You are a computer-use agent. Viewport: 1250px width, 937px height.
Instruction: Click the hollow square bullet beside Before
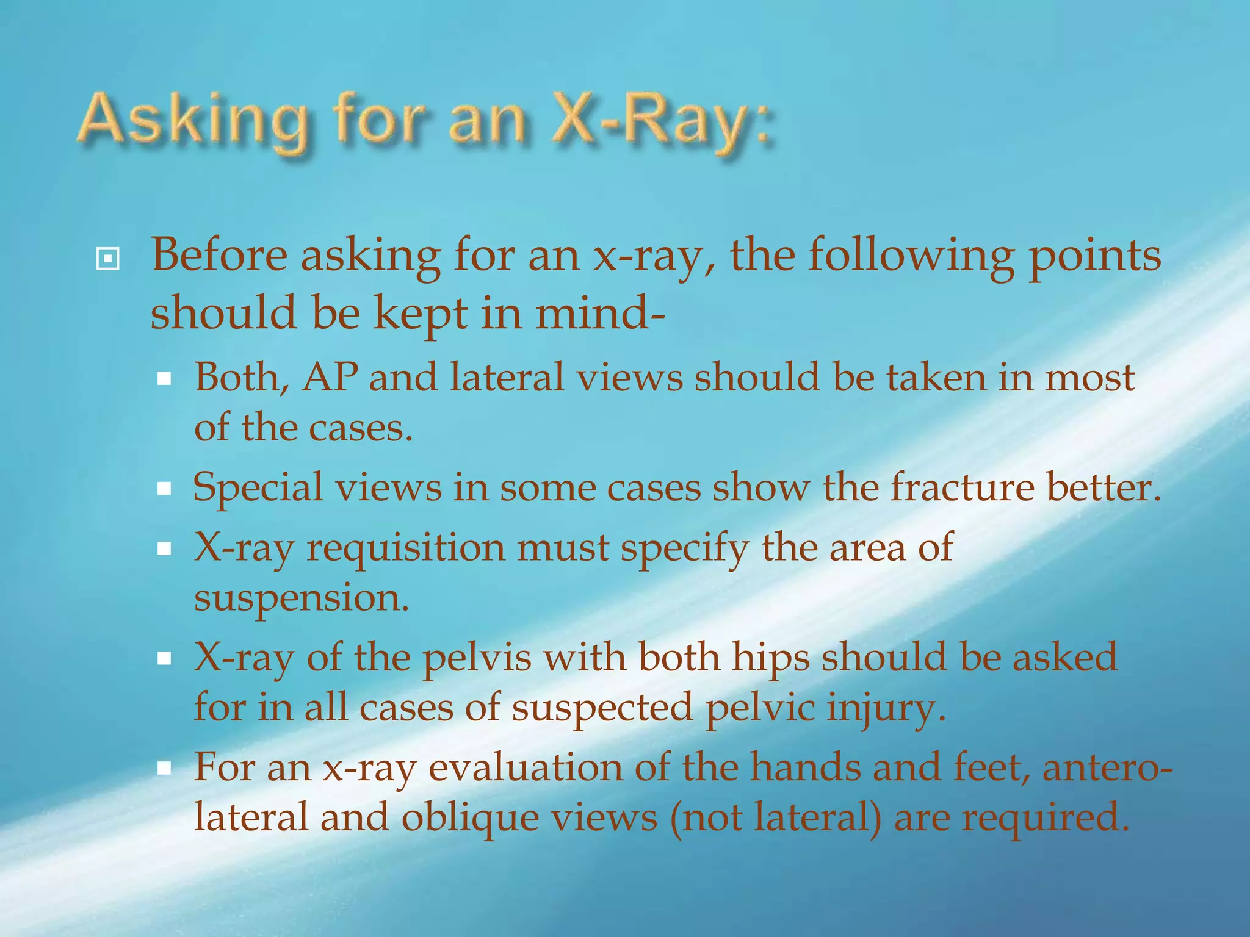coord(107,259)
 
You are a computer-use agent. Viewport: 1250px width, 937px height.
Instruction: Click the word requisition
coord(405,548)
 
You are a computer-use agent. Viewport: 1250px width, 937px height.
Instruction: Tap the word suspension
coord(301,598)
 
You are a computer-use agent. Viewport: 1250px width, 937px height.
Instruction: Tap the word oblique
coord(470,818)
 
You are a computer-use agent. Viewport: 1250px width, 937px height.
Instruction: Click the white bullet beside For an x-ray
coord(164,768)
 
